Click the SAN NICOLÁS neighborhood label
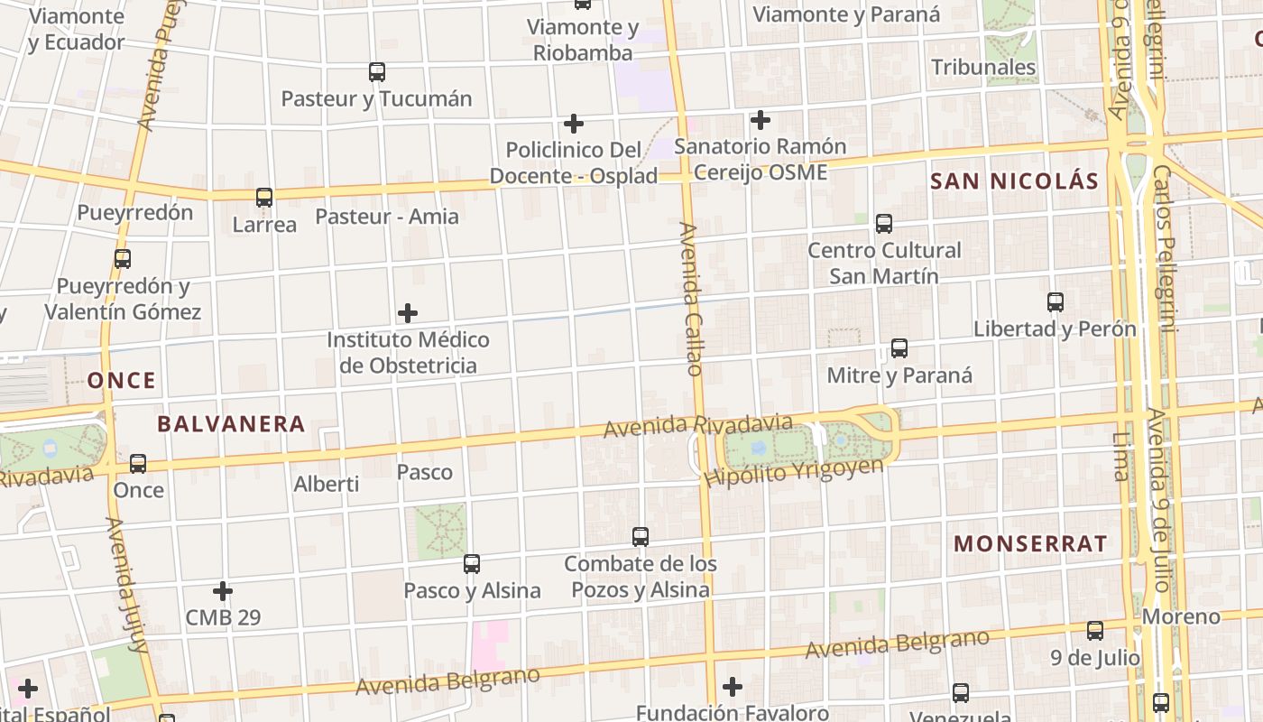pyautogui.click(x=1014, y=181)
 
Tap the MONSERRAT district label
pyautogui.click(x=1030, y=543)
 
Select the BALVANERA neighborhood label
pyautogui.click(x=231, y=423)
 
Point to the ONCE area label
pyautogui.click(x=122, y=380)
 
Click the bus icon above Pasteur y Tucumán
pyautogui.click(x=377, y=71)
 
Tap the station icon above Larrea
pyautogui.click(x=264, y=197)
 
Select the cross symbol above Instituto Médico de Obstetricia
pyautogui.click(x=408, y=313)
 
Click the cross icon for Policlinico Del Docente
pyautogui.click(x=573, y=123)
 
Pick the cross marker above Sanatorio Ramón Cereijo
pyautogui.click(x=761, y=119)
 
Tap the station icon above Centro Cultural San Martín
pyautogui.click(x=884, y=223)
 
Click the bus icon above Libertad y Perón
pyautogui.click(x=1056, y=301)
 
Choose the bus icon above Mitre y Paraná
pyautogui.click(x=899, y=347)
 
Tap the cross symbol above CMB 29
pyautogui.click(x=223, y=591)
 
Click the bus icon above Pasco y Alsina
pyautogui.click(x=472, y=564)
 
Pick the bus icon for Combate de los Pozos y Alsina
pyautogui.click(x=641, y=536)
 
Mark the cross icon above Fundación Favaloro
pyautogui.click(x=733, y=687)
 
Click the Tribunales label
pyautogui.click(x=983, y=67)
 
